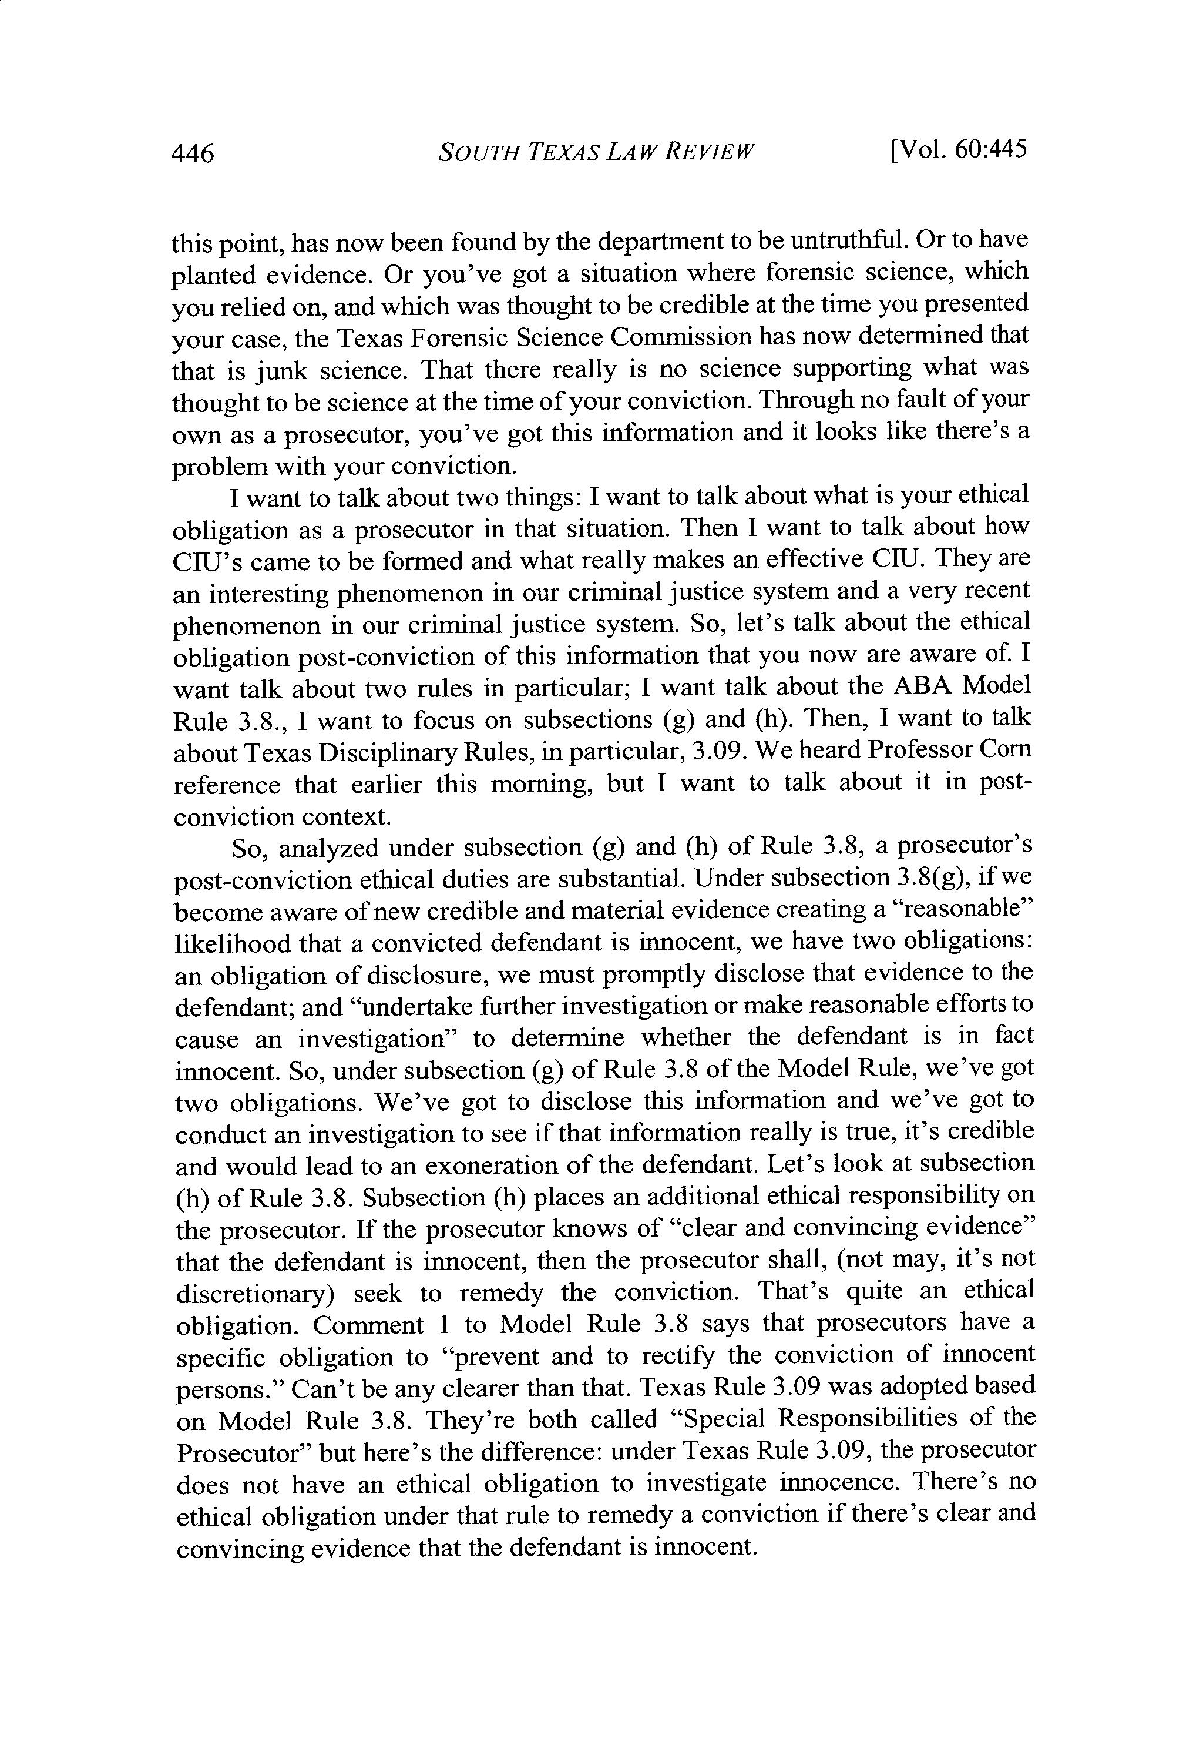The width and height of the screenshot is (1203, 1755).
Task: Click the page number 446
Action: click(194, 154)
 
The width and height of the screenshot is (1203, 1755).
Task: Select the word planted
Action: click(214, 276)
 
